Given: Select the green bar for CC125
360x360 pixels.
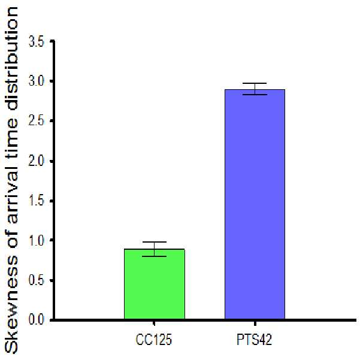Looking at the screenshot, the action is pyautogui.click(x=155, y=284).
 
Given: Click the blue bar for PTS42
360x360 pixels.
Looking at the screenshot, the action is pyautogui.click(x=255, y=204).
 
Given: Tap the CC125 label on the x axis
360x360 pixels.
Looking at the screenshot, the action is pyautogui.click(x=154, y=340).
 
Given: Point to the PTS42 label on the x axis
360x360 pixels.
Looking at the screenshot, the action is pyautogui.click(x=255, y=340).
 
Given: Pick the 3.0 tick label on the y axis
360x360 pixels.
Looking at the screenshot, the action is pyautogui.click(x=36, y=81).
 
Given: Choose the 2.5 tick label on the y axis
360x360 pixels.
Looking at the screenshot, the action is pyautogui.click(x=36, y=121).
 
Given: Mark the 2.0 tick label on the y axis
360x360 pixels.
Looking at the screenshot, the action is pyautogui.click(x=36, y=161).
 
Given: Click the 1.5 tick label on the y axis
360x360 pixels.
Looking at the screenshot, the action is pyautogui.click(x=36, y=201).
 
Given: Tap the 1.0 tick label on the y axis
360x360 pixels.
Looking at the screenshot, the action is pyautogui.click(x=36, y=240).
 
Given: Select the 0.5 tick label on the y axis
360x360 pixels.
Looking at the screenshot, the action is pyautogui.click(x=36, y=280).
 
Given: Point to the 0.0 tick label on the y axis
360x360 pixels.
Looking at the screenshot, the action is pyautogui.click(x=36, y=319).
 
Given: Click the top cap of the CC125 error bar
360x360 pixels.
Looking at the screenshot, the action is pyautogui.click(x=155, y=242).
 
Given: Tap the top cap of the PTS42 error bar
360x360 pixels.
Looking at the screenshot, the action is pyautogui.click(x=255, y=83).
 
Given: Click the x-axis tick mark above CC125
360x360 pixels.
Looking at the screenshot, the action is pyautogui.click(x=154, y=323).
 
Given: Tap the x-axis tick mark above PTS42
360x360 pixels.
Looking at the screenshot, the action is pyautogui.click(x=255, y=323).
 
